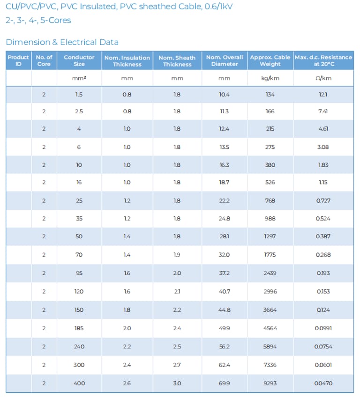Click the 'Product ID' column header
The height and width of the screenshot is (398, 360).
pos(18,60)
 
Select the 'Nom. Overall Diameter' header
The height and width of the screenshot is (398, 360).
pos(225,61)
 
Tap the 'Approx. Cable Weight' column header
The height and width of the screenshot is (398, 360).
pos(270,61)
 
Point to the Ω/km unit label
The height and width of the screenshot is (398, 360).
pos(323,78)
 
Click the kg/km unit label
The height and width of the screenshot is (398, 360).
pos(270,78)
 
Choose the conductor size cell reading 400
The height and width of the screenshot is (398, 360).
pos(79,383)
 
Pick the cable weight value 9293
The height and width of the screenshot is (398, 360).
pos(270,383)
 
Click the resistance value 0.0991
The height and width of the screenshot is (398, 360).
pos(323,328)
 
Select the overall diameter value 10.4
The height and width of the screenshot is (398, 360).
pos(225,95)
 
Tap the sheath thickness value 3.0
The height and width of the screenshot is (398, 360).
pos(177,383)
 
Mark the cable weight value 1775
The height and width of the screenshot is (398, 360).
pos(270,255)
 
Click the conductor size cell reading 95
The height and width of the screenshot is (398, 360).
pos(79,273)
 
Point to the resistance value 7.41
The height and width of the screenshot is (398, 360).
pos(323,111)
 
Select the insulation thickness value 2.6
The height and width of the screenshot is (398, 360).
pos(127,383)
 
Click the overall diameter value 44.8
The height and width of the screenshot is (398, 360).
pos(225,310)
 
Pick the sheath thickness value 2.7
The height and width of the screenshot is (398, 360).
pos(177,365)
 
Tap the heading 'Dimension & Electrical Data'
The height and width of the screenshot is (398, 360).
pos(62,42)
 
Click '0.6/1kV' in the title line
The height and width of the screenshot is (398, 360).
pos(218,7)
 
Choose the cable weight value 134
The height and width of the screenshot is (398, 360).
pos(270,95)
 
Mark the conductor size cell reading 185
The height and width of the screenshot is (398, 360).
pos(79,328)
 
